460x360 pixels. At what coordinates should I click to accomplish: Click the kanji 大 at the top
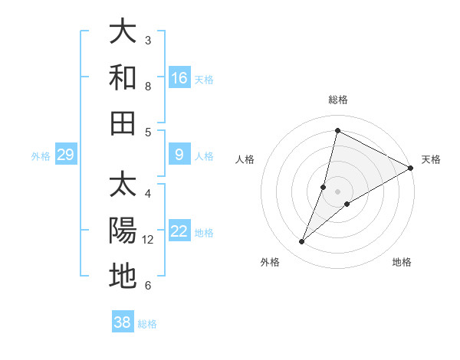(123, 32)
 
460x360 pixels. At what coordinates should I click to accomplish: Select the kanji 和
(123, 77)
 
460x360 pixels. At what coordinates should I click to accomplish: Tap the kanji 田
(123, 123)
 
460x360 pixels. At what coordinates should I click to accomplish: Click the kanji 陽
(123, 231)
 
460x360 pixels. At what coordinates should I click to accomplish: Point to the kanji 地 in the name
(123, 276)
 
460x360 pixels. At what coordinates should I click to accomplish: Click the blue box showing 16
(179, 77)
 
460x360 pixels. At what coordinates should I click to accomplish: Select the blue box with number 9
(179, 155)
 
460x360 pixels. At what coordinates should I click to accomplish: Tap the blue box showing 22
(179, 231)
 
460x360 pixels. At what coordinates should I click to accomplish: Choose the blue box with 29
(65, 155)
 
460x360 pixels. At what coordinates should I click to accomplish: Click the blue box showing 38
(123, 322)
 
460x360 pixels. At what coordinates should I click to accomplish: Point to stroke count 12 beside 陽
(149, 240)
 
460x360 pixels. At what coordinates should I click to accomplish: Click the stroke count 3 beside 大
(148, 41)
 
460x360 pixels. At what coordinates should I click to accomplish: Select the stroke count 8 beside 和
(148, 87)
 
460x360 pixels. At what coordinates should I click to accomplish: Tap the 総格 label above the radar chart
(337, 100)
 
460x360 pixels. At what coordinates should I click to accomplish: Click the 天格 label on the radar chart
(431, 159)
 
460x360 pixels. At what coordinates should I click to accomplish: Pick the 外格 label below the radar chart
(270, 262)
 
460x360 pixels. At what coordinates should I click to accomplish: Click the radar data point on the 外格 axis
(302, 242)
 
